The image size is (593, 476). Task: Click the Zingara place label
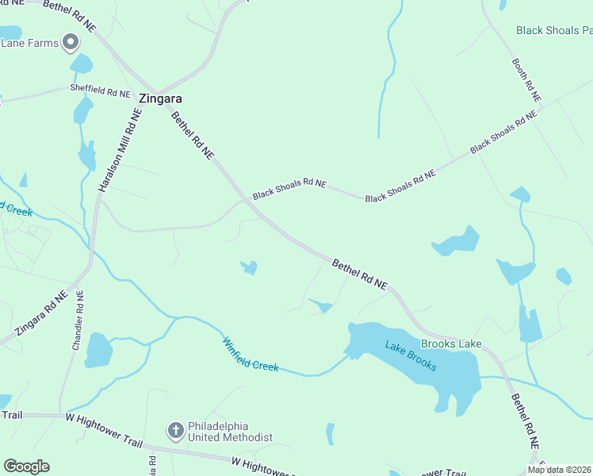[x=160, y=99]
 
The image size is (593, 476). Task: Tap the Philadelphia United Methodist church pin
[x=176, y=431]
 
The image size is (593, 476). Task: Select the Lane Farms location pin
[x=71, y=41]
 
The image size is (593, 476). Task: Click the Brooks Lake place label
[x=451, y=344]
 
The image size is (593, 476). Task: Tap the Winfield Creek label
[x=250, y=355]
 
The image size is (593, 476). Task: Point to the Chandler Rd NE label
[x=78, y=320]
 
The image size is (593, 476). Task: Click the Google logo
[x=26, y=466]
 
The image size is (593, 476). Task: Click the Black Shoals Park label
[x=553, y=30]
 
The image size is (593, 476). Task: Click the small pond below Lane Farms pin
[x=81, y=64]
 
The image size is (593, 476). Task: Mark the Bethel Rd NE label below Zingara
[x=193, y=136]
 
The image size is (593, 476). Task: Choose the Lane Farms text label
[x=29, y=43]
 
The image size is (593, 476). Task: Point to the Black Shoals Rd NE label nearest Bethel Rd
[x=289, y=189]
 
